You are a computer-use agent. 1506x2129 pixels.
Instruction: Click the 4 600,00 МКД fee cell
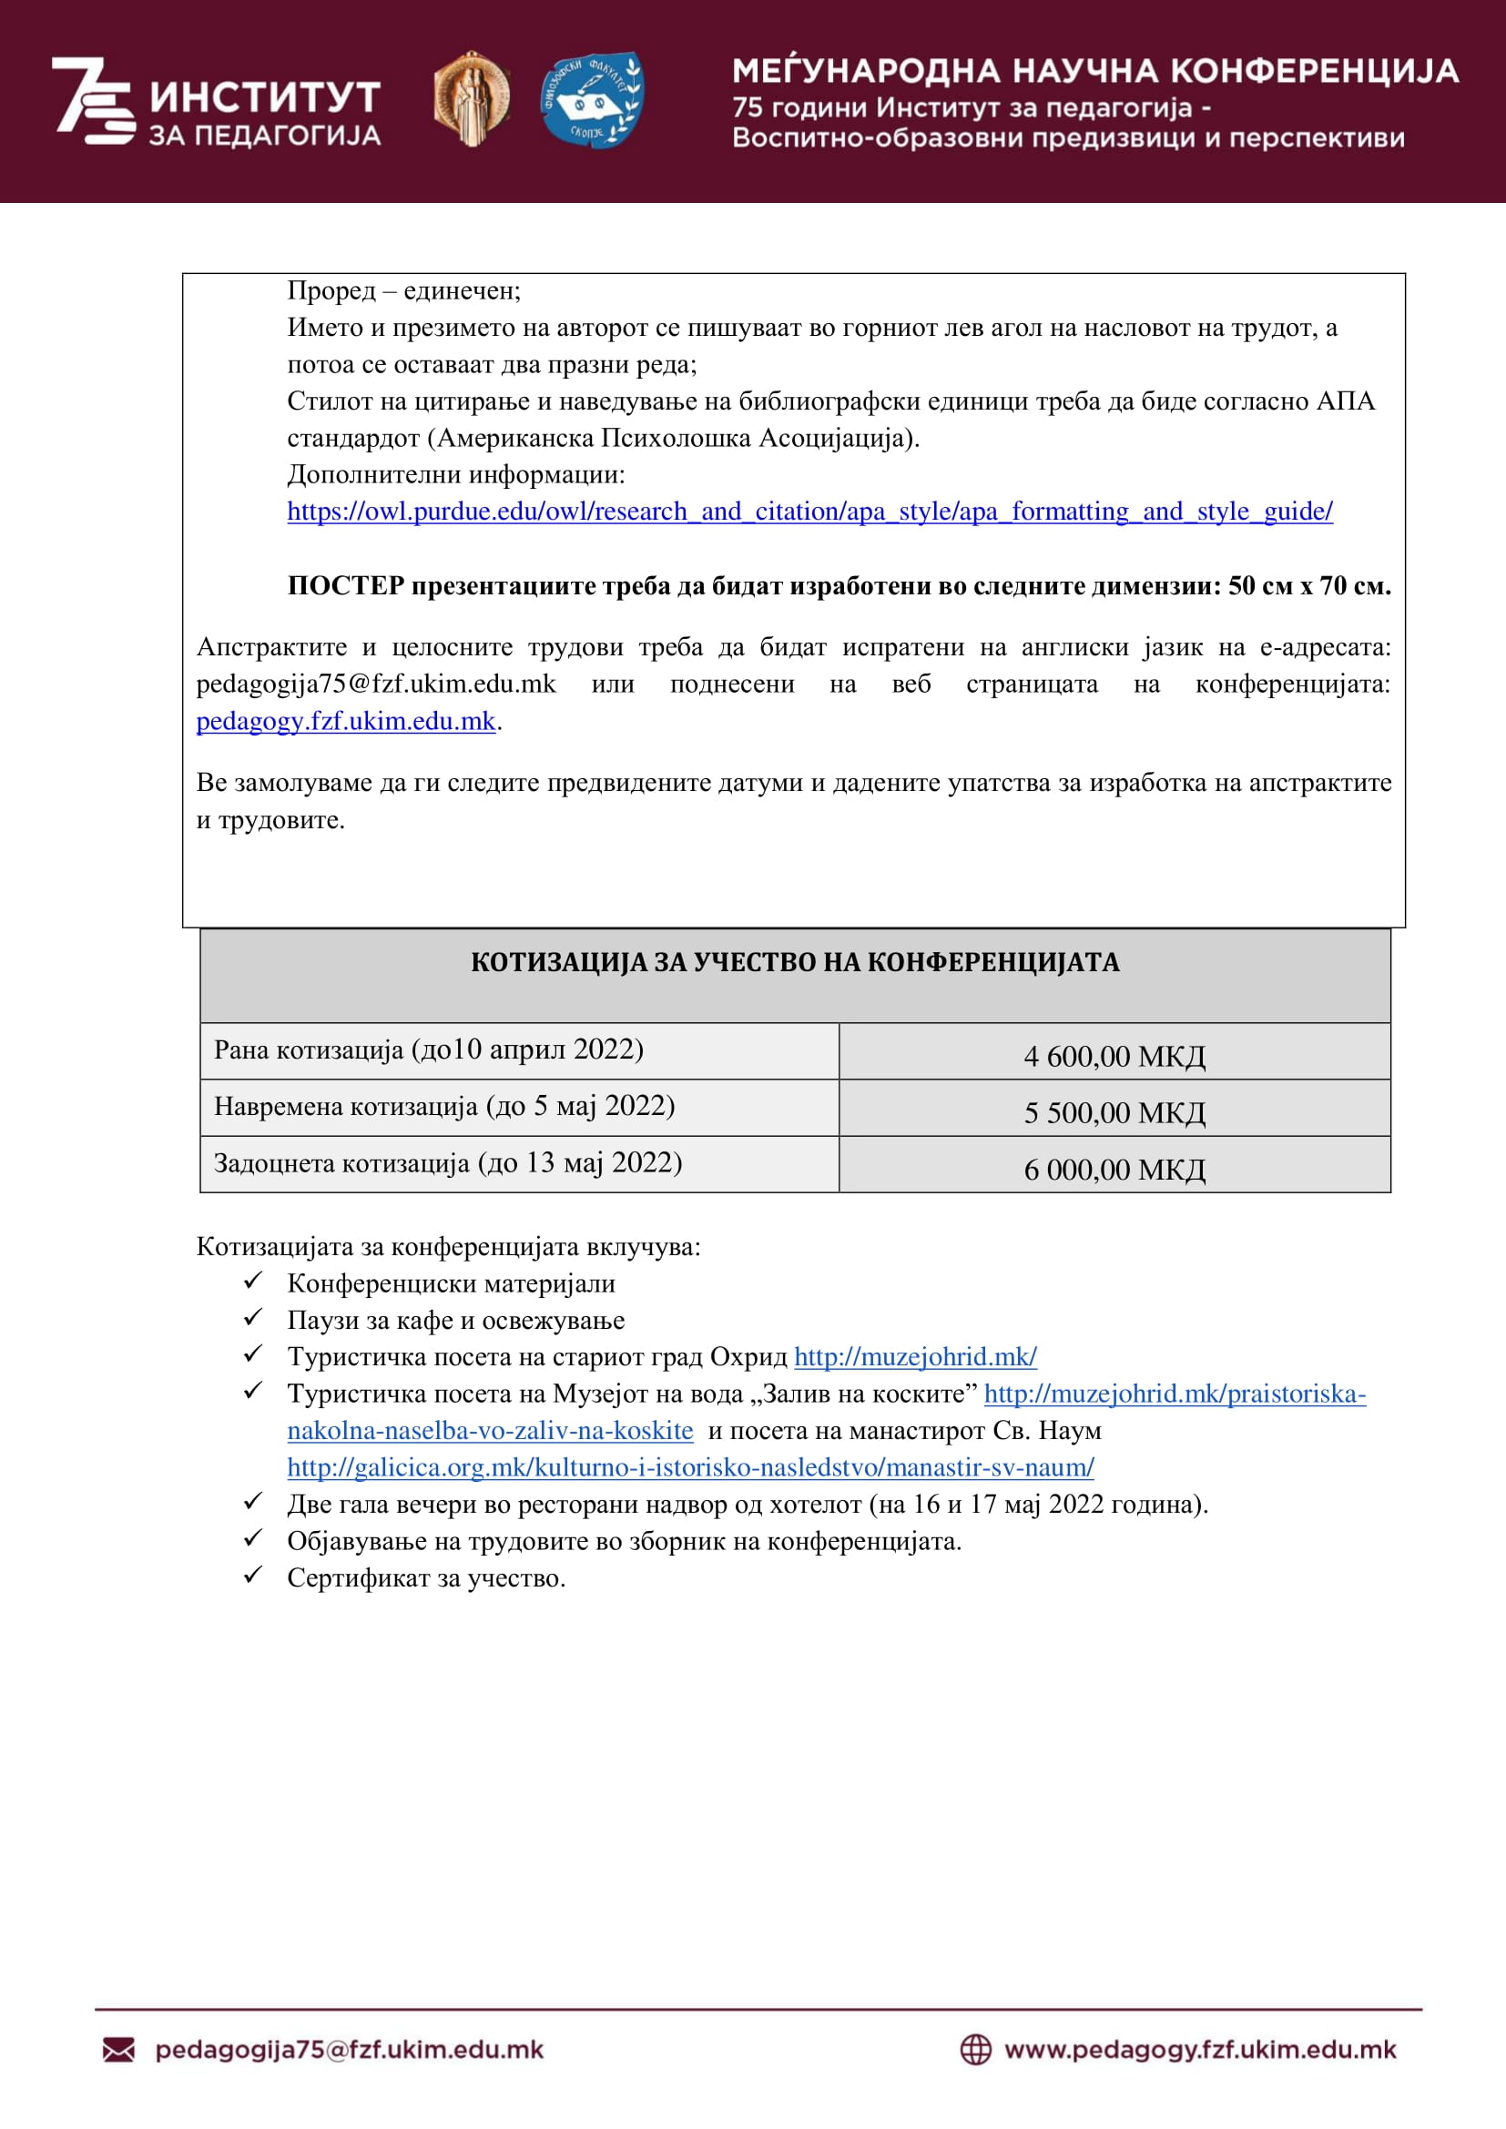pyautogui.click(x=1114, y=1055)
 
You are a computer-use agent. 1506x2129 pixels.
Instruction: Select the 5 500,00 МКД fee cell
pyautogui.click(x=1114, y=1111)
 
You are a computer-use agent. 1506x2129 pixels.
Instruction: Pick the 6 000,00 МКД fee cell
pyautogui.click(x=1114, y=1169)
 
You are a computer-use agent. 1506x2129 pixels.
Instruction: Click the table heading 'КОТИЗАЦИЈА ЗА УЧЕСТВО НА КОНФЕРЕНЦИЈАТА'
pyautogui.click(x=795, y=962)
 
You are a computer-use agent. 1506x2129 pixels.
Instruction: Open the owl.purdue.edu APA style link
pyautogui.click(x=809, y=511)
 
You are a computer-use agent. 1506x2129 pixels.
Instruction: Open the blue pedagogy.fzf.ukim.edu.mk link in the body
pyautogui.click(x=345, y=721)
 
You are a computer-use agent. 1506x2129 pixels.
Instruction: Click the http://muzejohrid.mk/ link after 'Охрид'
pyautogui.click(x=914, y=1356)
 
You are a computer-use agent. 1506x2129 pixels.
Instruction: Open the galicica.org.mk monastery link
pyautogui.click(x=690, y=1467)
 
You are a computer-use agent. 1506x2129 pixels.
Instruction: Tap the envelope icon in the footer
pyautogui.click(x=117, y=2049)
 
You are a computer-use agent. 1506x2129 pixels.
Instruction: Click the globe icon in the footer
pyautogui.click(x=974, y=2049)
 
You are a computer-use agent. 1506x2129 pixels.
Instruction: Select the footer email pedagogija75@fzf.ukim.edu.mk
pyautogui.click(x=349, y=2049)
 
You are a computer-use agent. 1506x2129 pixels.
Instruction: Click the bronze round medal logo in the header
pyautogui.click(x=471, y=98)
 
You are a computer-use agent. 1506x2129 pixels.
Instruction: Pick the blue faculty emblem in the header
pyautogui.click(x=592, y=98)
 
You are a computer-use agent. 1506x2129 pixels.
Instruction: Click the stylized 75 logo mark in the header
pyautogui.click(x=92, y=100)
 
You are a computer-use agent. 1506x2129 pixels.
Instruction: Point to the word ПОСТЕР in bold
pyautogui.click(x=345, y=586)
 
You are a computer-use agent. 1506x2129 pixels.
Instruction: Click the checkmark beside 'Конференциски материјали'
pyautogui.click(x=252, y=1282)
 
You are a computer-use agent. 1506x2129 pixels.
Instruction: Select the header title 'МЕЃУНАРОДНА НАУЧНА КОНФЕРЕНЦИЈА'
pyautogui.click(x=1094, y=71)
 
